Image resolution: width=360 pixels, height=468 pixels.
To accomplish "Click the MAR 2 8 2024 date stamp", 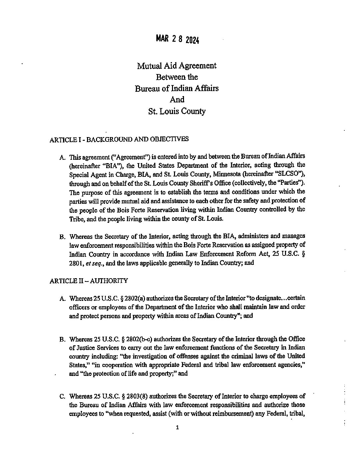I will tap(177, 39).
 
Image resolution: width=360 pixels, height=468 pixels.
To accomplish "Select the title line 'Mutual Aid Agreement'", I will tap(177, 66).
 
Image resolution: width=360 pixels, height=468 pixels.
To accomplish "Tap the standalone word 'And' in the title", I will tap(177, 99).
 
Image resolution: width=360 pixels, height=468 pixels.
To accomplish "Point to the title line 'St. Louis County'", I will tap(177, 111).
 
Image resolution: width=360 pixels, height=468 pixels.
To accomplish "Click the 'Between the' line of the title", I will tap(177, 77).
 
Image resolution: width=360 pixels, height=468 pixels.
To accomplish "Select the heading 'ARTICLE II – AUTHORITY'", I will tap(89, 281).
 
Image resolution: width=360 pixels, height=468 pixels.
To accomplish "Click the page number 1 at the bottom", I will tap(177, 427).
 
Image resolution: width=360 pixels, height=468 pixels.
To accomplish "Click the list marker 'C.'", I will tap(62, 397).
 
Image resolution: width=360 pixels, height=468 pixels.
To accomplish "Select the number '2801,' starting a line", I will tap(76, 263).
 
